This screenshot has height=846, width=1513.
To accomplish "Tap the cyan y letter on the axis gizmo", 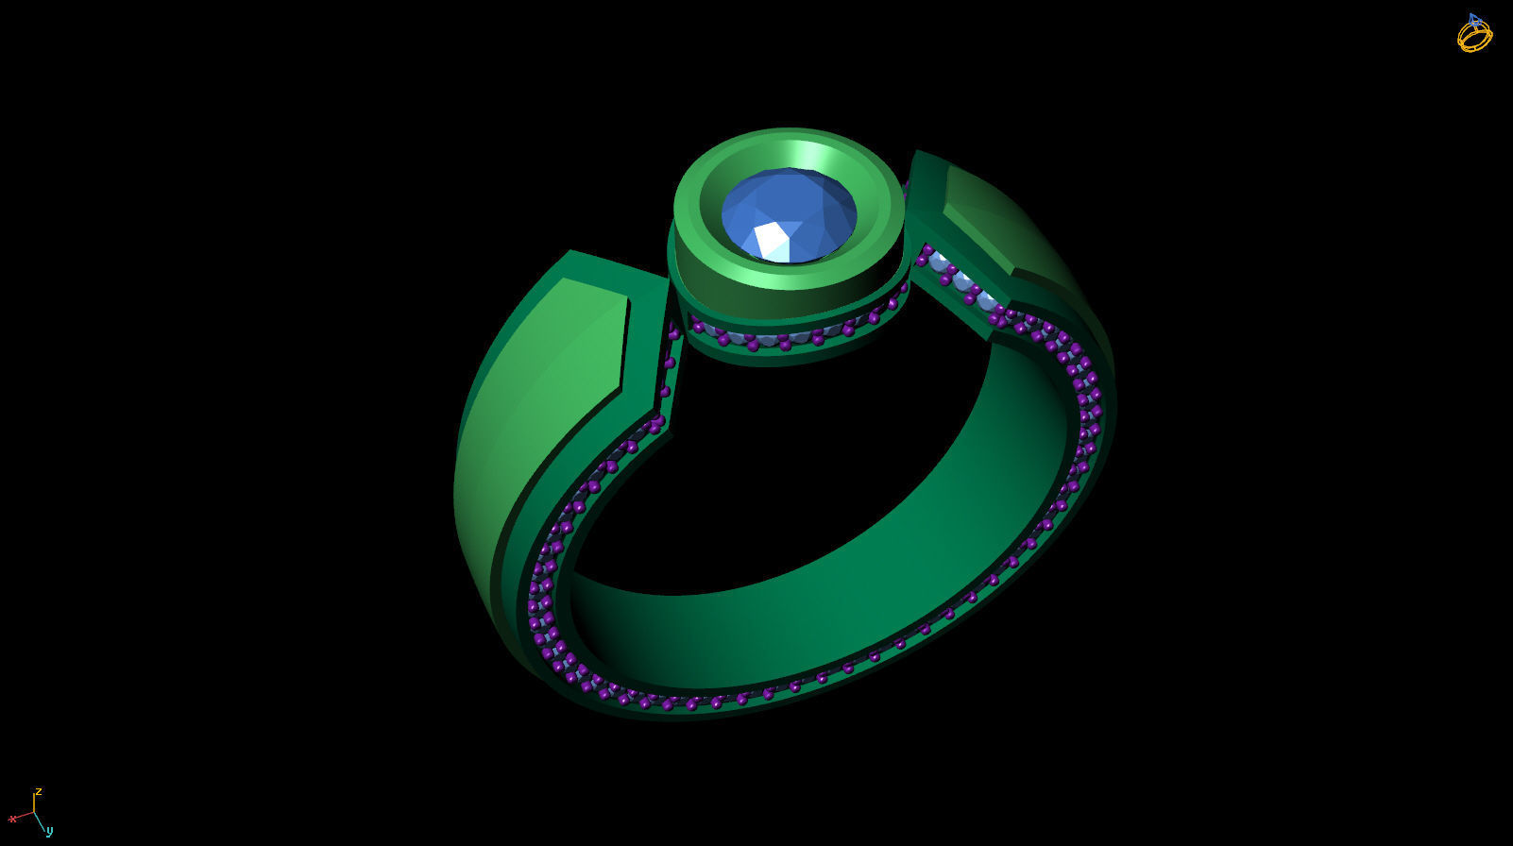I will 50,831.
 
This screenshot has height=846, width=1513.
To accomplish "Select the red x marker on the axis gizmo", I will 12,819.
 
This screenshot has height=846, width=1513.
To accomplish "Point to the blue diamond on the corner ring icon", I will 1473,20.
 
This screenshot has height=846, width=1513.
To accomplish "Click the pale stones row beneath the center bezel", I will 774,337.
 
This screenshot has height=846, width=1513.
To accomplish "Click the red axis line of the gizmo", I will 24,815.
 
